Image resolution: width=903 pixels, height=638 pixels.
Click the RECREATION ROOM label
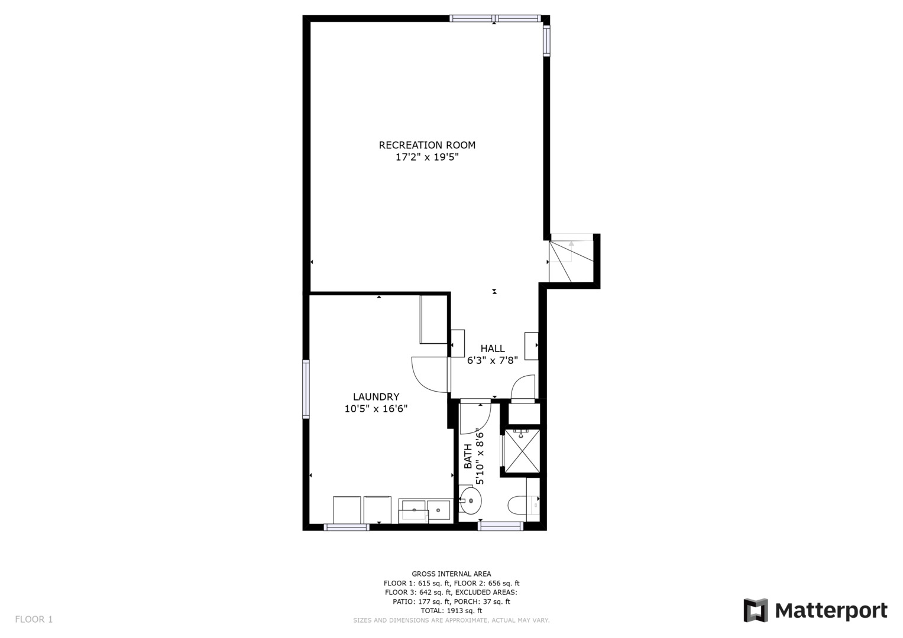[x=427, y=145]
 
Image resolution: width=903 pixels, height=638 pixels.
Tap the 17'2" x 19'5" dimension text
[x=427, y=158]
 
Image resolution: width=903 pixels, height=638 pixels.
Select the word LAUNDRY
[x=376, y=397]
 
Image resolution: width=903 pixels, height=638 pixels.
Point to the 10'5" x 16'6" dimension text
[x=376, y=409]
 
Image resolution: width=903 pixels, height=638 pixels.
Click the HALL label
[x=493, y=349]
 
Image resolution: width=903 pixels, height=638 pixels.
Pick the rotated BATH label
[x=468, y=456]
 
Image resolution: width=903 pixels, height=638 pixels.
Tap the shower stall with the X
[x=522, y=452]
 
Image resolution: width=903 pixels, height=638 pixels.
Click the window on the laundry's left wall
[x=306, y=389]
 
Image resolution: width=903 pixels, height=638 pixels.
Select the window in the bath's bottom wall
[x=500, y=526]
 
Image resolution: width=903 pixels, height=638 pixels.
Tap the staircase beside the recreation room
[x=570, y=259]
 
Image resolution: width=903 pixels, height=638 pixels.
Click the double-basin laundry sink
[x=425, y=510]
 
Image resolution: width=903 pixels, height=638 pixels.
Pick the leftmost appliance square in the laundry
[x=347, y=510]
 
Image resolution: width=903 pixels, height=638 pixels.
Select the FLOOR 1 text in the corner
[x=34, y=619]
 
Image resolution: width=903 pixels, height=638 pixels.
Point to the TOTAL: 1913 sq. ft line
[x=451, y=611]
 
